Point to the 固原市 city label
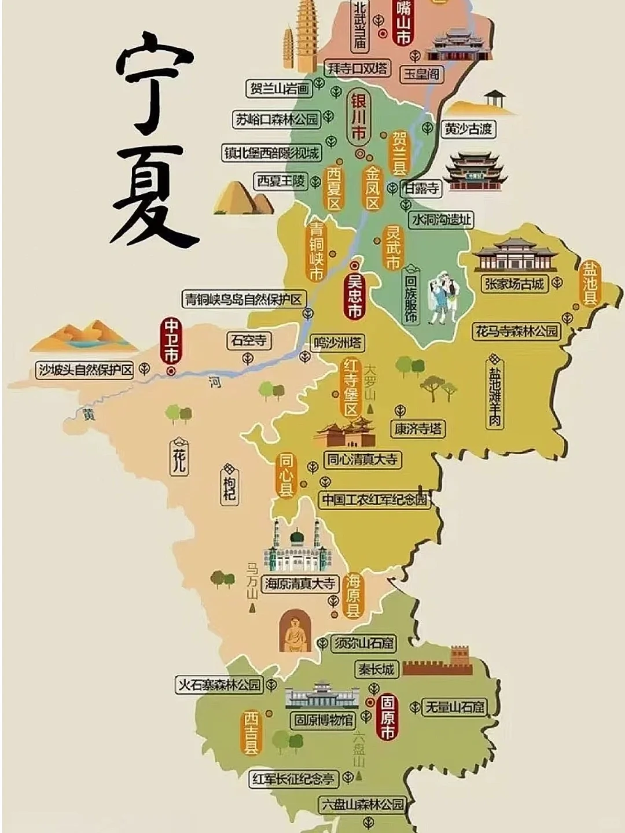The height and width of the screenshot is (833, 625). tap(387, 717)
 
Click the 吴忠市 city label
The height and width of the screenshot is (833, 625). tap(354, 296)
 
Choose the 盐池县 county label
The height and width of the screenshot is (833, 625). tap(590, 283)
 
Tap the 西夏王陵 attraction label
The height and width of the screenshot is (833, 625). tap(281, 181)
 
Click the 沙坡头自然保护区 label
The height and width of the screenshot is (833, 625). tap(85, 370)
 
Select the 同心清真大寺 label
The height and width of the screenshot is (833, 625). tap(362, 460)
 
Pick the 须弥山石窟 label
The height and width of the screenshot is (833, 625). tap(364, 643)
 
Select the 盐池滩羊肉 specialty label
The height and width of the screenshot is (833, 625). tap(495, 393)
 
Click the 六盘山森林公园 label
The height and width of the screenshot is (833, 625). tap(363, 804)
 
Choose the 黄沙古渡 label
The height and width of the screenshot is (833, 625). tap(468, 128)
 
